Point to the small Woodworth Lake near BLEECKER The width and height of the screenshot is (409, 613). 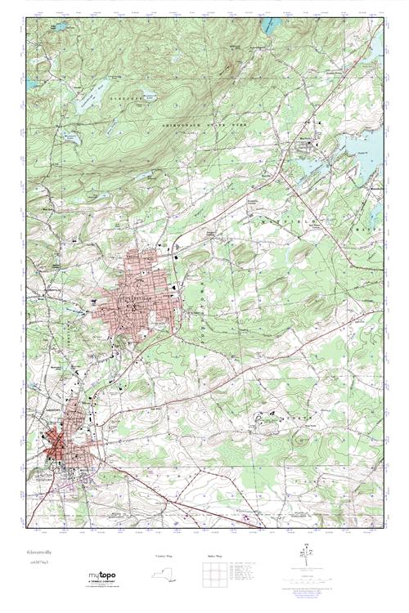point(142,95)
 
